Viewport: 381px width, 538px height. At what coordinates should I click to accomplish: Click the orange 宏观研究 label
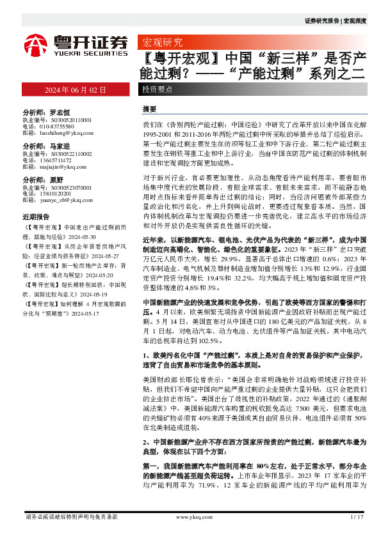161,43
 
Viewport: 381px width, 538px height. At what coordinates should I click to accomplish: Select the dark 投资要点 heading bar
158,89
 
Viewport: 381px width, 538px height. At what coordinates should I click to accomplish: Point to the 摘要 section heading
149,109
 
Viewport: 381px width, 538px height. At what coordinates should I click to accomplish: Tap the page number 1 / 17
357,516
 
